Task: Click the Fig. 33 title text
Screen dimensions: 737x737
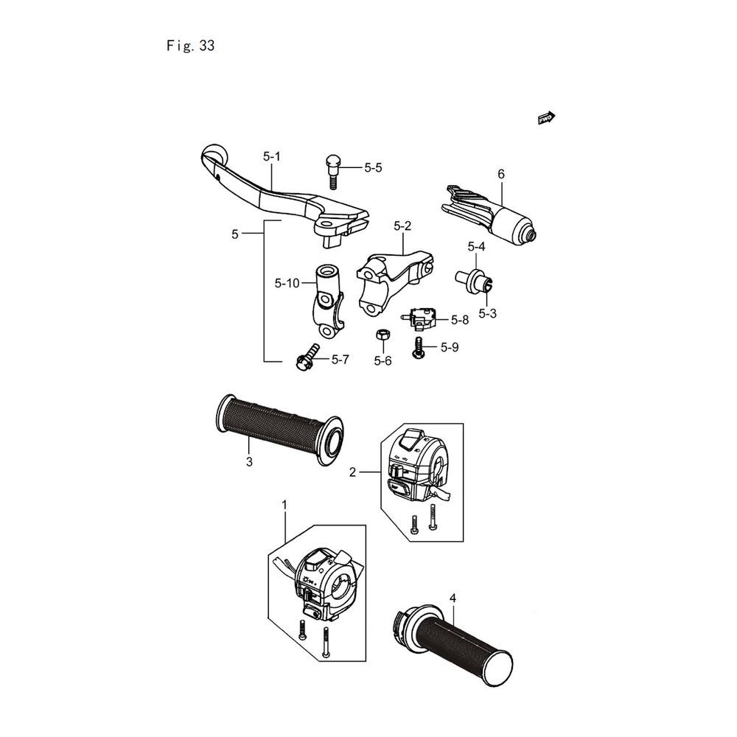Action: point(191,46)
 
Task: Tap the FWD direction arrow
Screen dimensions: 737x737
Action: point(547,117)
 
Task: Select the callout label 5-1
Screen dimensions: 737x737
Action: point(272,156)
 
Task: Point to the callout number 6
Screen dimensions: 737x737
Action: point(501,174)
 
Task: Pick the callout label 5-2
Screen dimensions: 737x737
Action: point(402,226)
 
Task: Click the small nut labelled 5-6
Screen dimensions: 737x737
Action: point(383,336)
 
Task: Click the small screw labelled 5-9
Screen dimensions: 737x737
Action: point(419,347)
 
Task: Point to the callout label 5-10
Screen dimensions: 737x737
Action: point(286,283)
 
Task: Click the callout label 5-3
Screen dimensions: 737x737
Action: point(487,313)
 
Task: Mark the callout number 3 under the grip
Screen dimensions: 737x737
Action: point(249,462)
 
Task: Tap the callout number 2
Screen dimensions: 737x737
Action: point(353,472)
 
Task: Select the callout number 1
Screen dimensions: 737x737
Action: point(285,504)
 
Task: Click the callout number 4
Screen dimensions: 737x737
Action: point(453,596)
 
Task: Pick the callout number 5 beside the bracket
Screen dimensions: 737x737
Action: point(235,234)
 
